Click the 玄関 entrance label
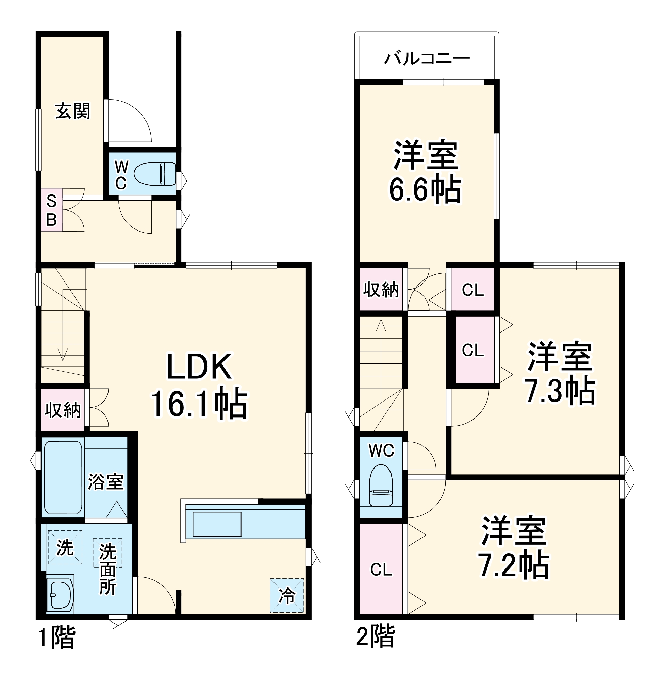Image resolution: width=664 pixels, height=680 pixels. click(x=72, y=111)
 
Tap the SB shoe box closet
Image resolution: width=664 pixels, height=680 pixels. click(x=52, y=210)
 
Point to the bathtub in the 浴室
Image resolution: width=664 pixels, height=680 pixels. click(x=63, y=477)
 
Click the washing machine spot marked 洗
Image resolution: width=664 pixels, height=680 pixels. click(x=65, y=547)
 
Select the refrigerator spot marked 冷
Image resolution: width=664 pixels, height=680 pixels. click(x=287, y=596)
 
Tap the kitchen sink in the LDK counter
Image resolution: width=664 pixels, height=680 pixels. click(x=217, y=524)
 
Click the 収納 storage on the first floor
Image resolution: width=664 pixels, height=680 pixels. click(x=63, y=410)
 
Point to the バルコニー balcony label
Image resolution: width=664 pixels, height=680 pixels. click(x=427, y=58)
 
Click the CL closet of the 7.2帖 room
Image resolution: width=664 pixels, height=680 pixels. click(x=381, y=570)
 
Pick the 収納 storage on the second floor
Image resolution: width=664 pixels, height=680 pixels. click(x=381, y=289)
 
